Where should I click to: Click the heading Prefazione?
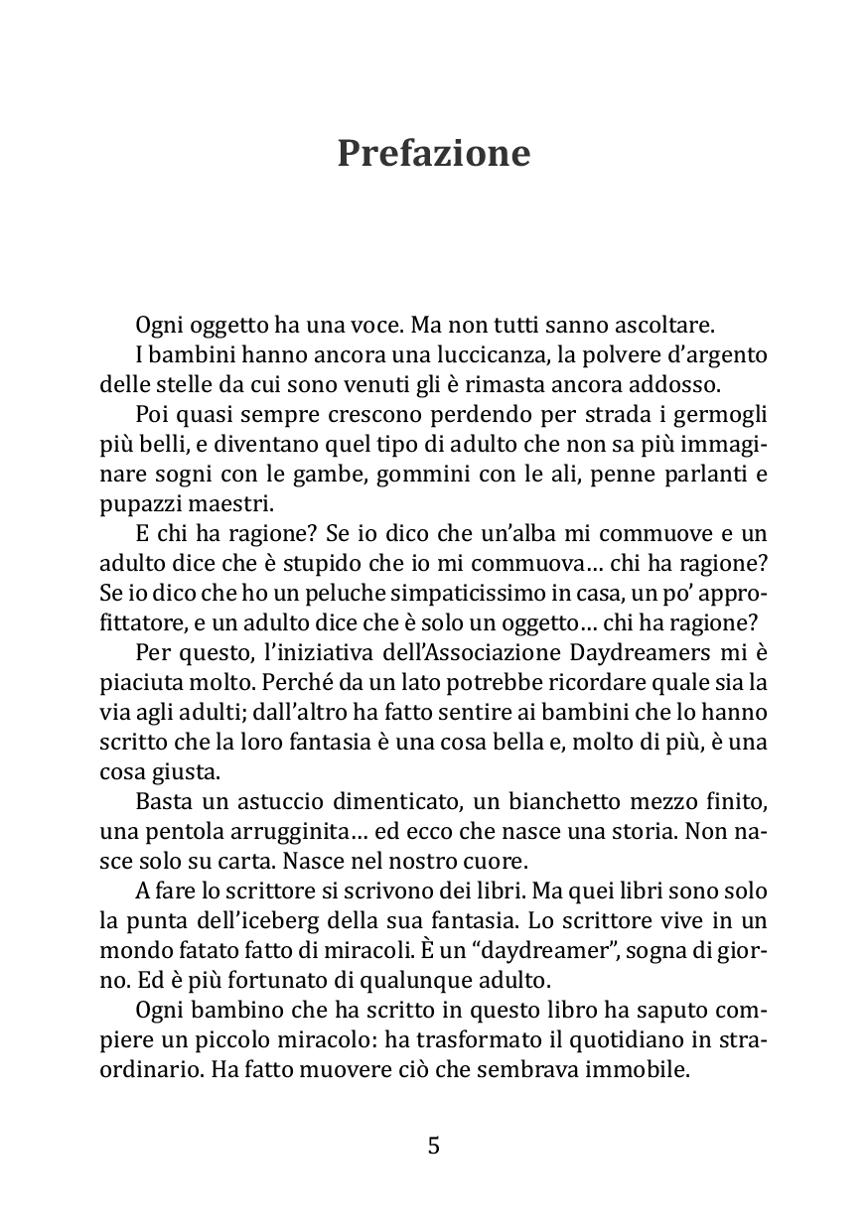[x=433, y=154]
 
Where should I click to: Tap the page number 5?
[x=433, y=1147]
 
